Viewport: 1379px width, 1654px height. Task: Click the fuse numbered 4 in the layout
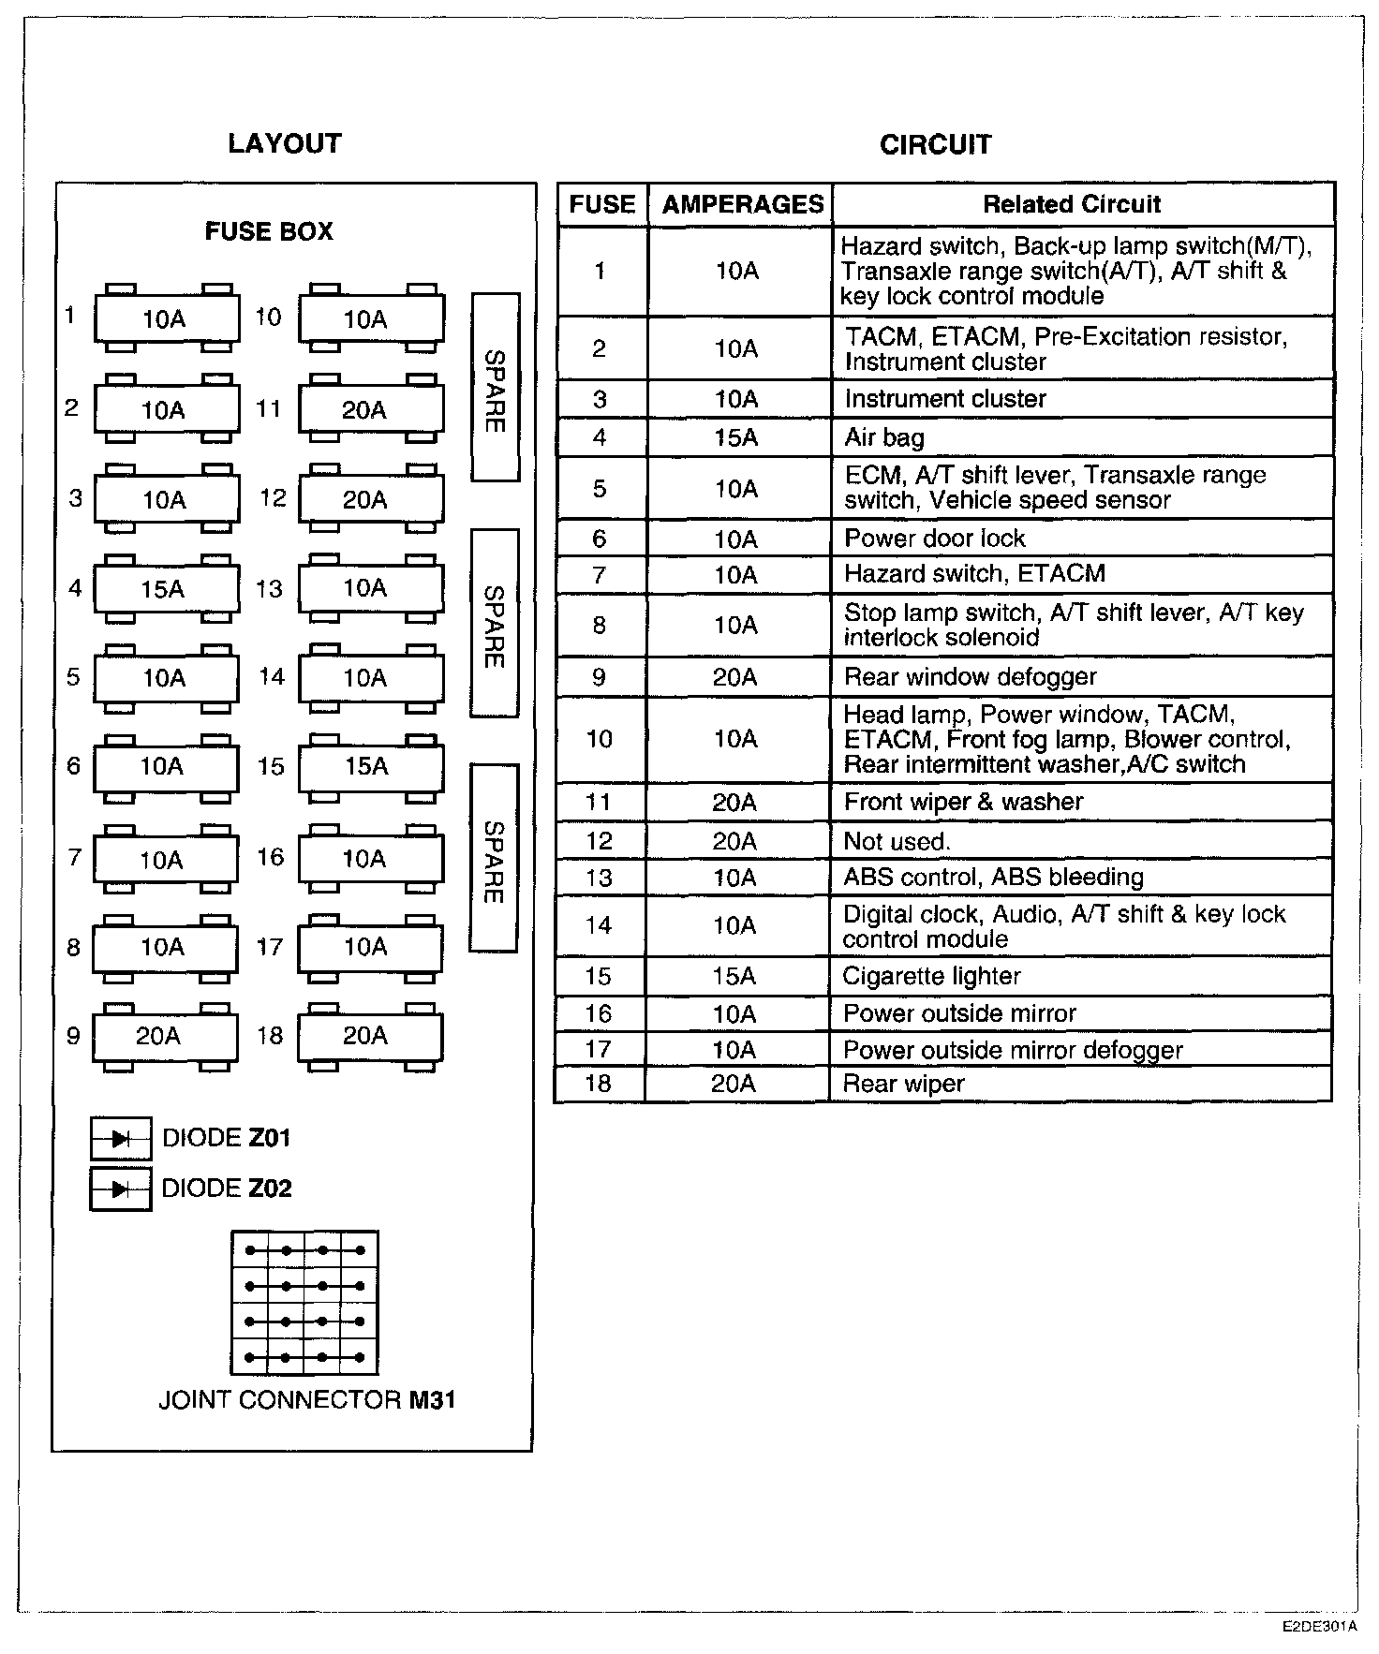(166, 589)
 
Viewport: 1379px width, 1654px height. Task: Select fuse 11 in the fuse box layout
(371, 409)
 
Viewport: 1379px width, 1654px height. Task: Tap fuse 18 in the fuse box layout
(370, 1035)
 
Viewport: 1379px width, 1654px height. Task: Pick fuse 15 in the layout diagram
(371, 766)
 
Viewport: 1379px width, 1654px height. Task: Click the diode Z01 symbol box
(121, 1139)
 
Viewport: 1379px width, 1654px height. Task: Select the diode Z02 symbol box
(121, 1189)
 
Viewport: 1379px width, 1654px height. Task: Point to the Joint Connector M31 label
(306, 1400)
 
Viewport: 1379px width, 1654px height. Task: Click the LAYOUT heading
(285, 143)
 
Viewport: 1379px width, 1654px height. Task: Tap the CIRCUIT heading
(935, 144)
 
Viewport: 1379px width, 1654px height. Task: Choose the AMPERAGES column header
(742, 204)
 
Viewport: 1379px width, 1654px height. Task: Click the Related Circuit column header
(1072, 204)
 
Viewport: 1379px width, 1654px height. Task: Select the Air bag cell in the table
(884, 437)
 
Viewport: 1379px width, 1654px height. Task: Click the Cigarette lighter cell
(931, 976)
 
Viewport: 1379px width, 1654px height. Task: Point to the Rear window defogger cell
(970, 676)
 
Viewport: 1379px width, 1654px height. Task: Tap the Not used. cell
(897, 841)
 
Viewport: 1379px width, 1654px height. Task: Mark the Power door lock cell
(934, 539)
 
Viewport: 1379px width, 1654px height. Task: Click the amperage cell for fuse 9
(735, 676)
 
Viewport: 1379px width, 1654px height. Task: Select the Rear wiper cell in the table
(903, 1084)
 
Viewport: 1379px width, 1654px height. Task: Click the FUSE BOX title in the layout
(269, 231)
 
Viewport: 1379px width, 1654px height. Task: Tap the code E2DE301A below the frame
(1320, 1627)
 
